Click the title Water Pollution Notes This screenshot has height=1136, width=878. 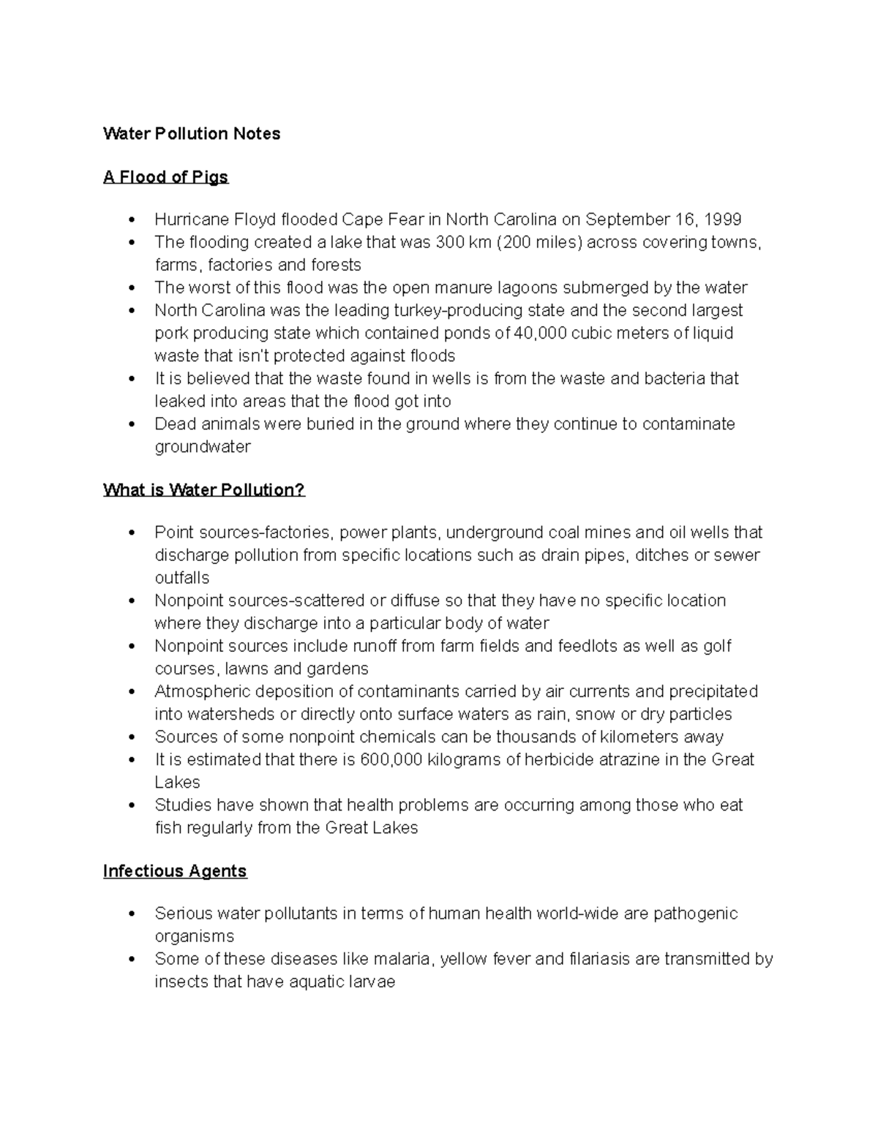coord(192,134)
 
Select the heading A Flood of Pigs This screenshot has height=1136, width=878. coord(166,177)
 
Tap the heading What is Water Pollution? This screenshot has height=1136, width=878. coord(204,490)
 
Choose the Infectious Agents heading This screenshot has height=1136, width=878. coord(175,871)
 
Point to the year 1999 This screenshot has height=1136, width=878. coord(722,219)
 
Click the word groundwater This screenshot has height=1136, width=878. coord(203,447)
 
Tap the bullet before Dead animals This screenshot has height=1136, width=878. coord(132,424)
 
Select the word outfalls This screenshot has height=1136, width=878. coord(182,578)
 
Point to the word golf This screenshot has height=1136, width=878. coord(717,646)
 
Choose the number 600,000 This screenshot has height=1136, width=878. coord(391,759)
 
